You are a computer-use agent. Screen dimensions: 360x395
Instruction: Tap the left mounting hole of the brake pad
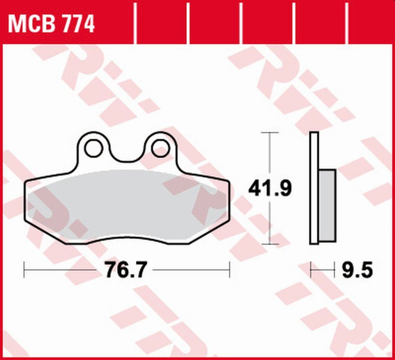[94, 147]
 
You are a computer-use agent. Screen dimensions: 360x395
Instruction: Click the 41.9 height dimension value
[271, 190]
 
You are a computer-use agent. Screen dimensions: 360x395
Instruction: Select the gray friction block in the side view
[327, 203]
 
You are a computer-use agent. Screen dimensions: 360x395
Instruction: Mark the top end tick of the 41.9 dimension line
[271, 132]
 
